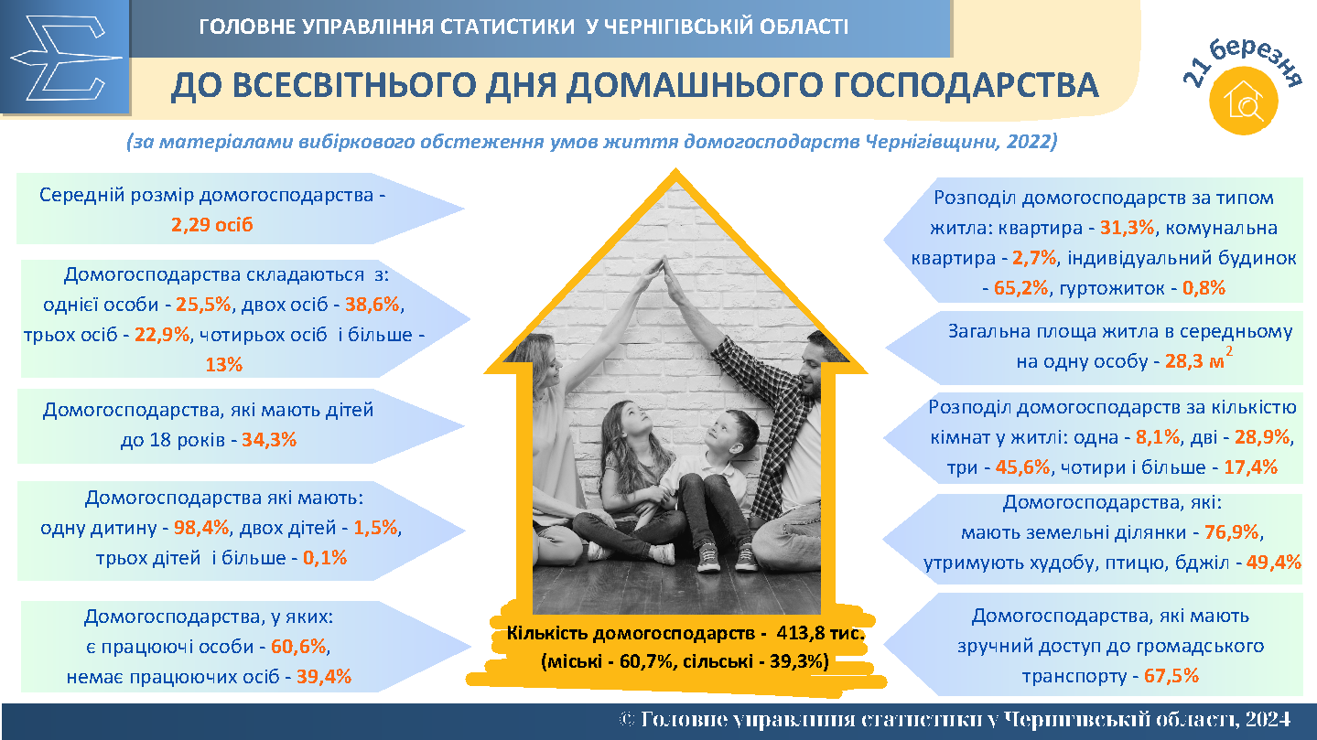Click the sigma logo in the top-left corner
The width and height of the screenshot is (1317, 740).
click(66, 58)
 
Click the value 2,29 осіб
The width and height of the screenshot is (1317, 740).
click(211, 224)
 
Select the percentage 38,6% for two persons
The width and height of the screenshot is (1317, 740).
click(372, 305)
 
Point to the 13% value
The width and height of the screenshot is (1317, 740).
click(223, 364)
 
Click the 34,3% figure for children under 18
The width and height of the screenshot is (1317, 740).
click(269, 440)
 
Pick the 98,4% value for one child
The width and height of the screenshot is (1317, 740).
click(201, 528)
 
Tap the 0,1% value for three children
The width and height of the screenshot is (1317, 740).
click(325, 558)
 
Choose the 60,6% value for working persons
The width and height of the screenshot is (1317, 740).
click(298, 647)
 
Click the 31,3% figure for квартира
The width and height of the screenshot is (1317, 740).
click(1128, 228)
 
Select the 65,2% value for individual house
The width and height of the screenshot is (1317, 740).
click(1021, 288)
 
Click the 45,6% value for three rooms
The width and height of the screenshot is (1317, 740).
click(1023, 467)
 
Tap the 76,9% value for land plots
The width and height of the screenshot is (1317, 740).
click(1232, 532)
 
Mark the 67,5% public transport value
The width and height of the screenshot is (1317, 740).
click(1171, 676)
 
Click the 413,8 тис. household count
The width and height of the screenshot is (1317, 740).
click(821, 633)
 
